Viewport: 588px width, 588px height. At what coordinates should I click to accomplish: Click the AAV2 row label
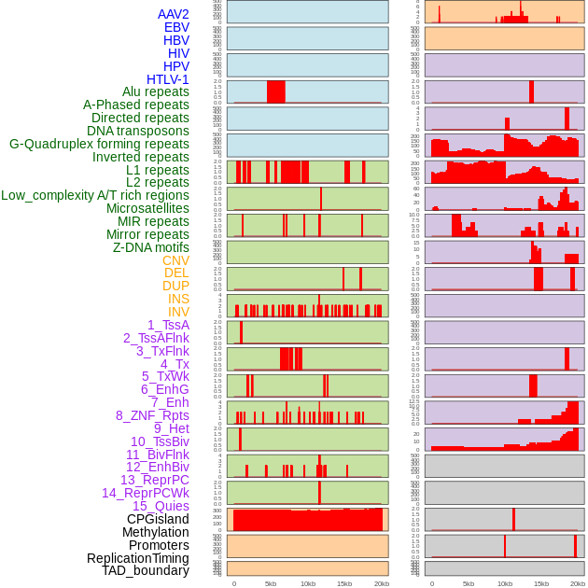(x=174, y=14)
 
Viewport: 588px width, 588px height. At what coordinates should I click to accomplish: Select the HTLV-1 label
(x=168, y=79)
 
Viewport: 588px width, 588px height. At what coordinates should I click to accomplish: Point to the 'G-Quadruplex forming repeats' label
(x=99, y=144)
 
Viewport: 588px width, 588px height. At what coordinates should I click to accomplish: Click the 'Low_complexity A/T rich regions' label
(x=95, y=195)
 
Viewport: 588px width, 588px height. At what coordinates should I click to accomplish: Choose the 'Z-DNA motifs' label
(x=151, y=247)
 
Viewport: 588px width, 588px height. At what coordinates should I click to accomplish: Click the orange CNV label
(x=175, y=260)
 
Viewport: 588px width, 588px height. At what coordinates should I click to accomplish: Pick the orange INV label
(x=178, y=312)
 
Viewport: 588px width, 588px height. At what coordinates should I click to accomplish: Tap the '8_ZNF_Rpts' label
(x=152, y=415)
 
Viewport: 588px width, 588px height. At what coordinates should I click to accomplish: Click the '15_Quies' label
(x=161, y=506)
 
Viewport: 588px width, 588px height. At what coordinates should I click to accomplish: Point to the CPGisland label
(x=158, y=519)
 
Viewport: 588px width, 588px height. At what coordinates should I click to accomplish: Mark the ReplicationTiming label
(x=138, y=558)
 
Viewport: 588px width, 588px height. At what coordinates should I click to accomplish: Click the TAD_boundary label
(x=146, y=570)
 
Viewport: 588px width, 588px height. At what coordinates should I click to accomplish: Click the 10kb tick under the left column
(x=308, y=583)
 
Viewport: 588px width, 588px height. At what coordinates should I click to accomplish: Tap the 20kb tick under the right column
(x=579, y=583)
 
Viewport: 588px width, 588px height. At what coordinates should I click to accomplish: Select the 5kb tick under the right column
(x=468, y=583)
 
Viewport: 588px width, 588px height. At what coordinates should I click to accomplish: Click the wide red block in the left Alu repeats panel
(x=275, y=91)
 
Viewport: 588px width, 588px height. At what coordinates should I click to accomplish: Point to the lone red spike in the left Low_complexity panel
(x=321, y=199)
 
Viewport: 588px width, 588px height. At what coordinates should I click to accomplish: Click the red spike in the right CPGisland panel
(x=513, y=519)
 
